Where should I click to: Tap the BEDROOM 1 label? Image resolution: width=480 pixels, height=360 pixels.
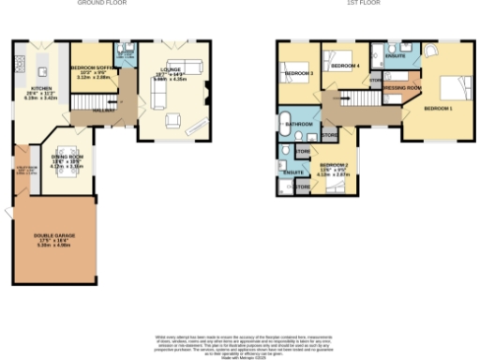pos(438,109)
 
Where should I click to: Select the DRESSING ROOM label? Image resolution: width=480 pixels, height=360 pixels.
pos(401,87)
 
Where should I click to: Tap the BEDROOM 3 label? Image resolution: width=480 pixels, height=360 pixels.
pos(298,73)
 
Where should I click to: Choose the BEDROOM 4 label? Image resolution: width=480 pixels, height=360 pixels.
pos(345,66)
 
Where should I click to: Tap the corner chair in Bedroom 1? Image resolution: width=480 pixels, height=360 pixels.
pos(430,52)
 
